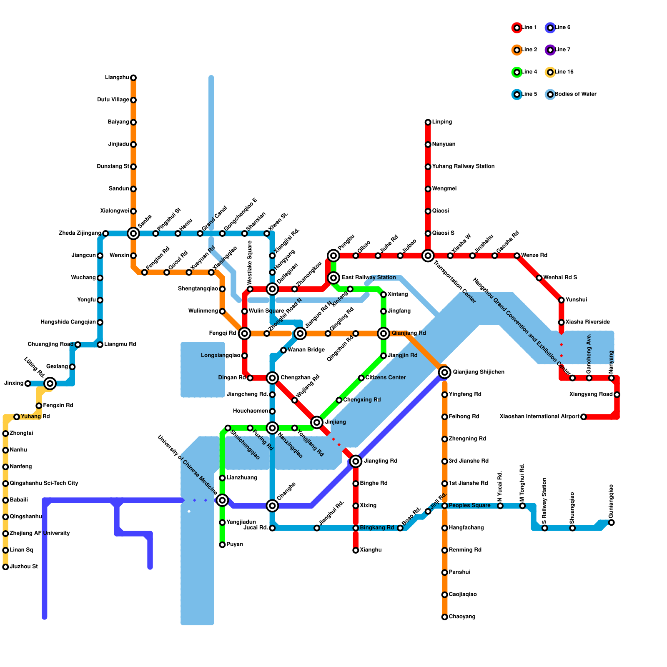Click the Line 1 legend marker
click(x=517, y=28)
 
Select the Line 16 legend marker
click(x=550, y=73)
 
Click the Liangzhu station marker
click(x=133, y=78)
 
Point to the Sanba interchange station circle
click(x=133, y=233)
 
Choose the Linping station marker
click(x=428, y=122)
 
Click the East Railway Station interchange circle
click(x=333, y=278)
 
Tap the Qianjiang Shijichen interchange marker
click(x=445, y=372)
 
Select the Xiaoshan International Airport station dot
click(x=584, y=417)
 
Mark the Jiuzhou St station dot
click(x=5, y=567)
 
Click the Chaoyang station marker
click(x=445, y=617)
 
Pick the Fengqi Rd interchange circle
click(x=245, y=333)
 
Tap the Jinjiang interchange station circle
click(x=317, y=422)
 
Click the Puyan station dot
click(x=222, y=545)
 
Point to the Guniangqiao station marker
click(x=611, y=522)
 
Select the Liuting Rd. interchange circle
click(x=50, y=384)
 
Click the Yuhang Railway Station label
click(x=463, y=167)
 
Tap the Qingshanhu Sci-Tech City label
click(x=44, y=484)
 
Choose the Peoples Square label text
click(x=469, y=506)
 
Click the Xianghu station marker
click(x=356, y=550)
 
